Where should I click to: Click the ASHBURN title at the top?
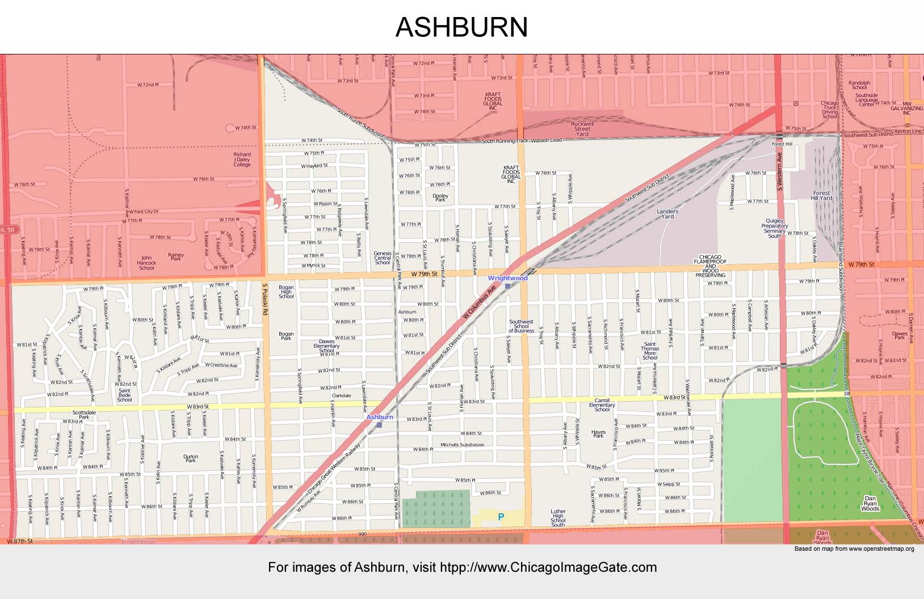461,27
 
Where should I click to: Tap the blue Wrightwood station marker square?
507,286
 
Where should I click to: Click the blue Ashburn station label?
380,417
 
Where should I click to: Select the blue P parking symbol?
501,517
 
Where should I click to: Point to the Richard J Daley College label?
242,159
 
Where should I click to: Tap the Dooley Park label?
440,198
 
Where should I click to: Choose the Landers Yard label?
667,214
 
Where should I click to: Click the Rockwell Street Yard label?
582,129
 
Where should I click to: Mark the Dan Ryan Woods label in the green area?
870,504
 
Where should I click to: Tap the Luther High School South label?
558,518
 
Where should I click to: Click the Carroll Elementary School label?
602,405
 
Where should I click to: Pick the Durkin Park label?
191,458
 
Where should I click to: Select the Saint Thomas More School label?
650,351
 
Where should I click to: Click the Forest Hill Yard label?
821,196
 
